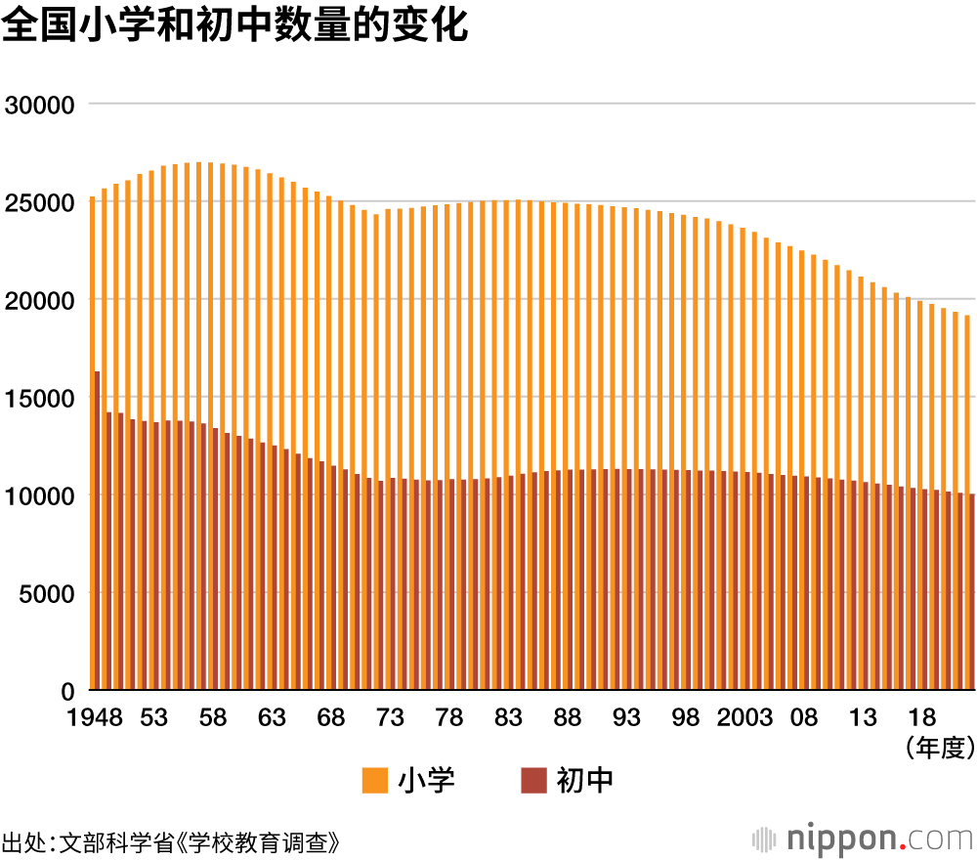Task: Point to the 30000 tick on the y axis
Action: pyautogui.click(x=40, y=105)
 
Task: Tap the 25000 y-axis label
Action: pyautogui.click(x=40, y=202)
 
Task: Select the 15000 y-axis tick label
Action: pyautogui.click(x=40, y=398)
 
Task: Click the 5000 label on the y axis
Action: pyautogui.click(x=46, y=593)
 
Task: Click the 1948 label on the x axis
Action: pyautogui.click(x=95, y=718)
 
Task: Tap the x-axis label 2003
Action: pyautogui.click(x=744, y=718)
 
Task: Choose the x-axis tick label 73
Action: pyautogui.click(x=390, y=718)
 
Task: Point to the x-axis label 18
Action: pyautogui.click(x=921, y=718)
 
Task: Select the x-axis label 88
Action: pyautogui.click(x=568, y=718)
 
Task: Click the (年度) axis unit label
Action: pyautogui.click(x=941, y=749)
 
